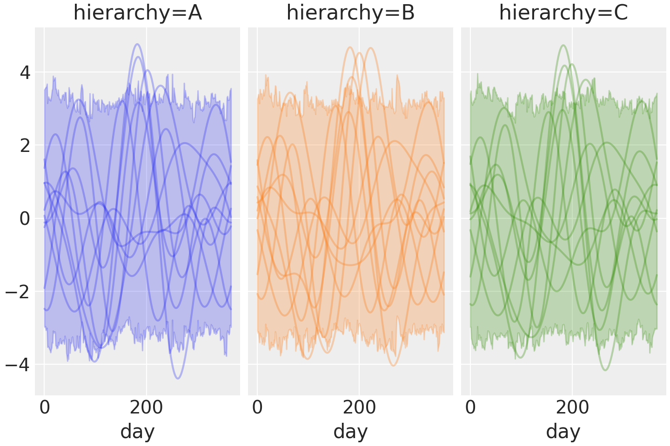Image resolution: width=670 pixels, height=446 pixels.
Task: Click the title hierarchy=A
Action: [137, 13]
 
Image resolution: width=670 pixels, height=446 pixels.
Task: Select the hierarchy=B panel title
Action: [350, 13]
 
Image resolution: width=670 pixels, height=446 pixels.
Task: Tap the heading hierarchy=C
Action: [563, 13]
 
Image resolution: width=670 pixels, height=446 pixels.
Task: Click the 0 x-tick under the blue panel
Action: [45, 408]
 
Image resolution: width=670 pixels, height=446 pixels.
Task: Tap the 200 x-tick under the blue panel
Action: [146, 408]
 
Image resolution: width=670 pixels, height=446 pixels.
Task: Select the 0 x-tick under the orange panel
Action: [257, 408]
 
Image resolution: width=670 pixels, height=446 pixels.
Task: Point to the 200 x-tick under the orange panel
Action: [359, 408]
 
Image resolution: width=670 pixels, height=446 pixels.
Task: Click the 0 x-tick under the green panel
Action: [470, 408]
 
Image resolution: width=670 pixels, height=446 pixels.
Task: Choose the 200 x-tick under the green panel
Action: [572, 408]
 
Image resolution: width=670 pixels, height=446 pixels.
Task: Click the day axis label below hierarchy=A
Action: [137, 431]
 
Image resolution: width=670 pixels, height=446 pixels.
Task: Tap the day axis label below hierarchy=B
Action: [350, 431]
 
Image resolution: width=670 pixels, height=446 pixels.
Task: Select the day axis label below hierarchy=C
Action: [563, 431]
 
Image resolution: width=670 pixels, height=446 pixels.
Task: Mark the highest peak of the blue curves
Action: [137, 44]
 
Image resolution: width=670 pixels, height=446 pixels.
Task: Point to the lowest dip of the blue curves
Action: [177, 378]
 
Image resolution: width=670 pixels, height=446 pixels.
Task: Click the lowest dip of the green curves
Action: [605, 370]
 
